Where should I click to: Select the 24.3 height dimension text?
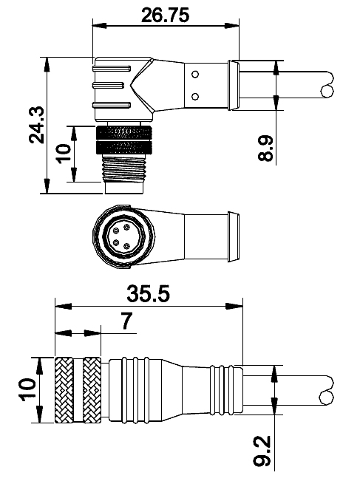coord(37,125)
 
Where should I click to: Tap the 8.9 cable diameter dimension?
coord(265,148)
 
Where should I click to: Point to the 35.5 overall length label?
coord(149,293)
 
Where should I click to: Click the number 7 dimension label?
coord(126,321)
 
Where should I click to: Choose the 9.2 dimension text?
coord(262,450)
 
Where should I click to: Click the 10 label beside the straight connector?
coord(27,390)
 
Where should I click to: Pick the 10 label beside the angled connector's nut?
coord(64,154)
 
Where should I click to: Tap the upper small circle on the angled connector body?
coord(195,74)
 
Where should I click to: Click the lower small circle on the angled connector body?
coord(195,97)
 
